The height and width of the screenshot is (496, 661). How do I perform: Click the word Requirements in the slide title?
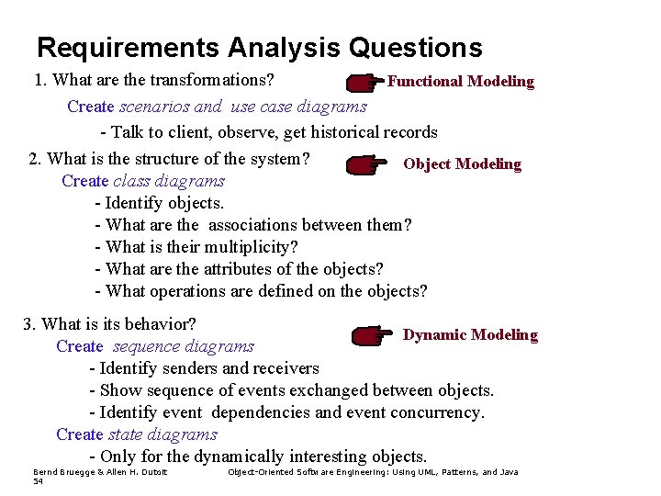tap(129, 47)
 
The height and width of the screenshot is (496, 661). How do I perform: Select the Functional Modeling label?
tap(460, 81)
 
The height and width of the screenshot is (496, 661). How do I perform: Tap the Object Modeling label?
tap(462, 163)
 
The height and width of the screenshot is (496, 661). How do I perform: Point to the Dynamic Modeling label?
tap(470, 335)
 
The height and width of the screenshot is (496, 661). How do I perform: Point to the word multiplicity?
tap(252, 247)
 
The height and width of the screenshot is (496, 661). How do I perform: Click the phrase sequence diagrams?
tap(184, 346)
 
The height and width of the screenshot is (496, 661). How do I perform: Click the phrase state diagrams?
tap(163, 434)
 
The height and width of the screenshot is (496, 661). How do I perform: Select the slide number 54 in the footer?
tap(39, 480)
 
